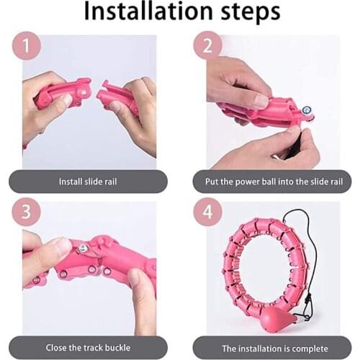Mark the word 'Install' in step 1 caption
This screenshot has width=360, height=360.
pyautogui.click(x=71, y=182)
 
